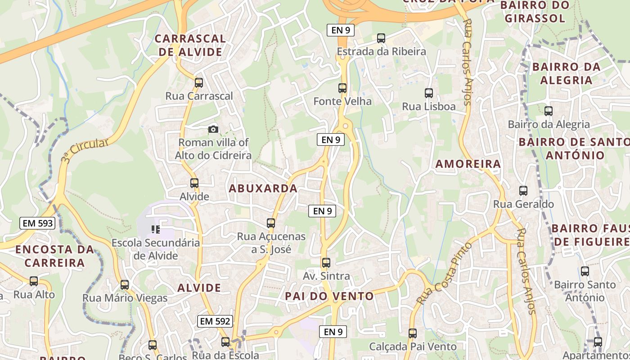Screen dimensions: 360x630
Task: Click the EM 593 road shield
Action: [x=37, y=223]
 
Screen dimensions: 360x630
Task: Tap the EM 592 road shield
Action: [x=215, y=321]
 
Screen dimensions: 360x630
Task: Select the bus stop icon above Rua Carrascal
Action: [x=198, y=83]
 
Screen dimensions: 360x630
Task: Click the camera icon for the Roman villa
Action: [x=213, y=130]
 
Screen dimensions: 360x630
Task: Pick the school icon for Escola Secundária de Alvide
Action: [x=156, y=229]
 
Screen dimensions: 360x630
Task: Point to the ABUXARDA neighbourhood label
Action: [x=263, y=188]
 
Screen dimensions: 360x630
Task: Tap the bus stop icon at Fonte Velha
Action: [x=342, y=88]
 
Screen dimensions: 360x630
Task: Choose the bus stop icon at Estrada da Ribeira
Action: [x=381, y=38]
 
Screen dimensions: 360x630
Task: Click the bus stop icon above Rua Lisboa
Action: [x=429, y=94]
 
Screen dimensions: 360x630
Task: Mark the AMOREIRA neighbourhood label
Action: [x=468, y=164]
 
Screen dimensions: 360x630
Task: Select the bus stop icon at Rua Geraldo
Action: [x=523, y=191]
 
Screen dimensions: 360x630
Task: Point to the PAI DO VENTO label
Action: [x=329, y=296]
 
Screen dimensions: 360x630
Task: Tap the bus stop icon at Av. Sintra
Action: [x=326, y=263]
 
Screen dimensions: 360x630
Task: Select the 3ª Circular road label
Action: [x=85, y=150]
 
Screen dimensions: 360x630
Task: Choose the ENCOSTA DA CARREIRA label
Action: [x=54, y=256]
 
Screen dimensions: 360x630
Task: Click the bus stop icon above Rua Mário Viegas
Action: [x=125, y=285]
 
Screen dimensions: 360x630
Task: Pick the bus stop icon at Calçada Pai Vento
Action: [x=413, y=333]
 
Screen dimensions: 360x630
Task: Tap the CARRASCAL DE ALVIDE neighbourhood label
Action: [x=190, y=45]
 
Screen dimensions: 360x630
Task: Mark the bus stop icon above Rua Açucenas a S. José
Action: [x=271, y=223]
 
